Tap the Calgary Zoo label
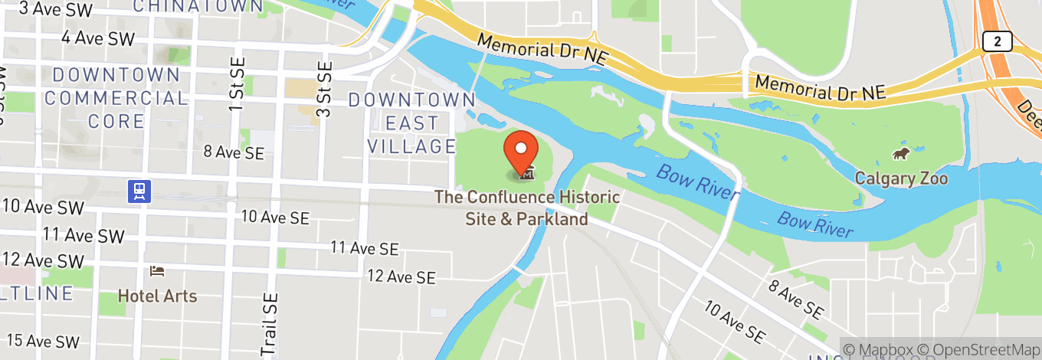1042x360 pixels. pos(901,179)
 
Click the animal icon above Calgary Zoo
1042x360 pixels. pos(900,155)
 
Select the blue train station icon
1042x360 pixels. pos(140,191)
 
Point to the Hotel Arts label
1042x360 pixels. pos(157,296)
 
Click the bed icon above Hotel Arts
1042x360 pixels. pos(157,271)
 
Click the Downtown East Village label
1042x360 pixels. pos(412,123)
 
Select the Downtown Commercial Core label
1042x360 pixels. pos(116,98)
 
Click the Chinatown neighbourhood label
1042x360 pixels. pos(198,7)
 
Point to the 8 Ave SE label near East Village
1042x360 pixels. pos(234,152)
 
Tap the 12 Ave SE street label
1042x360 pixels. pos(401,277)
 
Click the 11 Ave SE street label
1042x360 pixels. pos(365,248)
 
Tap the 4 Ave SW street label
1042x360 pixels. pos(97,38)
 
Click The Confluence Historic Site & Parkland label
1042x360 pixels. pos(527,208)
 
